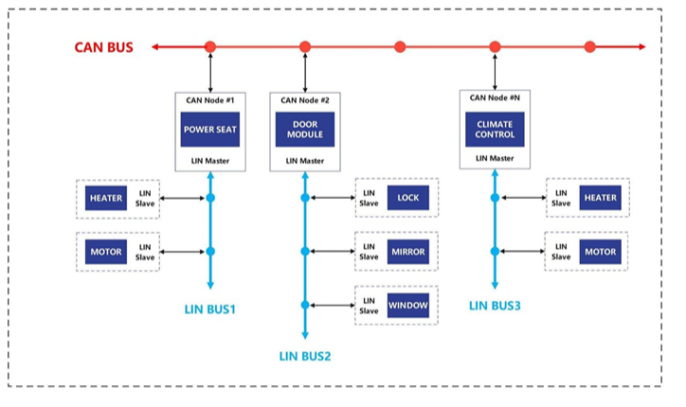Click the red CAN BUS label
103,47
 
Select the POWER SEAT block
210,130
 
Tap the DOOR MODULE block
305,130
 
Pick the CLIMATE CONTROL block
495,130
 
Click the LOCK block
408,198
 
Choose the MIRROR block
408,252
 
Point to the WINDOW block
408,305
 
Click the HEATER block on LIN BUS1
106,198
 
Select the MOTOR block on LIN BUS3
601,252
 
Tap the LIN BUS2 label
305,356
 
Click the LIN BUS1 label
210,310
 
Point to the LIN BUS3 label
495,306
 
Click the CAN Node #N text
495,97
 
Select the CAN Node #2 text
305,100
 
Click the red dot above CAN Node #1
210,46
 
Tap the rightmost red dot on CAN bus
589,46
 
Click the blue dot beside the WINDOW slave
305,305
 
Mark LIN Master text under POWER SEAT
210,161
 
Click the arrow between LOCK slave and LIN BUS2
333,198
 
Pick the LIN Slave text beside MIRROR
369,252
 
